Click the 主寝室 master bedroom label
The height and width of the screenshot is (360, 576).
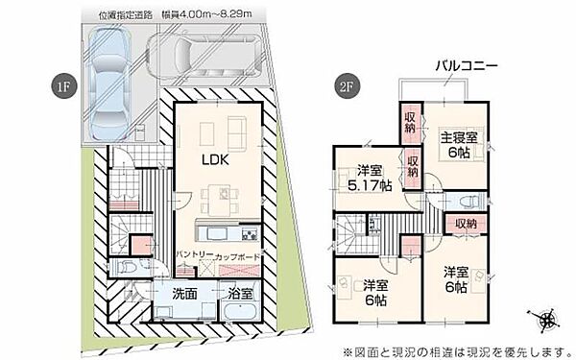[x=463, y=135]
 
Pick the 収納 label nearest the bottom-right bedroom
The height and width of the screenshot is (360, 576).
[x=466, y=224]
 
